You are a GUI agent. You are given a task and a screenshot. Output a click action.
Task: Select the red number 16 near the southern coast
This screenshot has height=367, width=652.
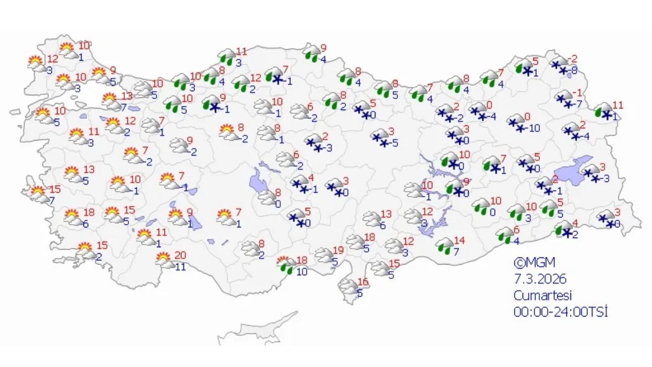pyautogui.click(x=363, y=282)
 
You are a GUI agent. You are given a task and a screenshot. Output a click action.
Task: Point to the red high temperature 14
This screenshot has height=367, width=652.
pyautogui.click(x=459, y=241)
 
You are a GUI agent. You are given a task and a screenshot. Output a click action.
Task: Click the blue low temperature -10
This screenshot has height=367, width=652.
pyautogui.click(x=534, y=128)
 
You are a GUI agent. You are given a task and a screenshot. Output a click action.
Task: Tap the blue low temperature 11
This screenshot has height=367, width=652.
pyautogui.click(x=180, y=266)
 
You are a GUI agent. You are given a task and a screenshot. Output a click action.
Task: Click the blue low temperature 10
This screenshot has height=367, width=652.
pyautogui.click(x=302, y=272)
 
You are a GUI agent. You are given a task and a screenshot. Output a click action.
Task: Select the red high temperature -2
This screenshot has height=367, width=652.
pyautogui.click(x=574, y=59)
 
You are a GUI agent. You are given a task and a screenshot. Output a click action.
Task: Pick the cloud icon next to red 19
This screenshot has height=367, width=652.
pyautogui.click(x=323, y=255)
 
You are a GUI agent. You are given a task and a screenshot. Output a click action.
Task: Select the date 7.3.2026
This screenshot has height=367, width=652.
pyautogui.click(x=540, y=279)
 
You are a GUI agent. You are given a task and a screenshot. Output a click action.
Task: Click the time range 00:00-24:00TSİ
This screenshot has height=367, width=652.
pyautogui.click(x=560, y=312)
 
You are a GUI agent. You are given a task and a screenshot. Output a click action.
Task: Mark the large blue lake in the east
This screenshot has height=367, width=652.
pyautogui.click(x=572, y=172)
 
